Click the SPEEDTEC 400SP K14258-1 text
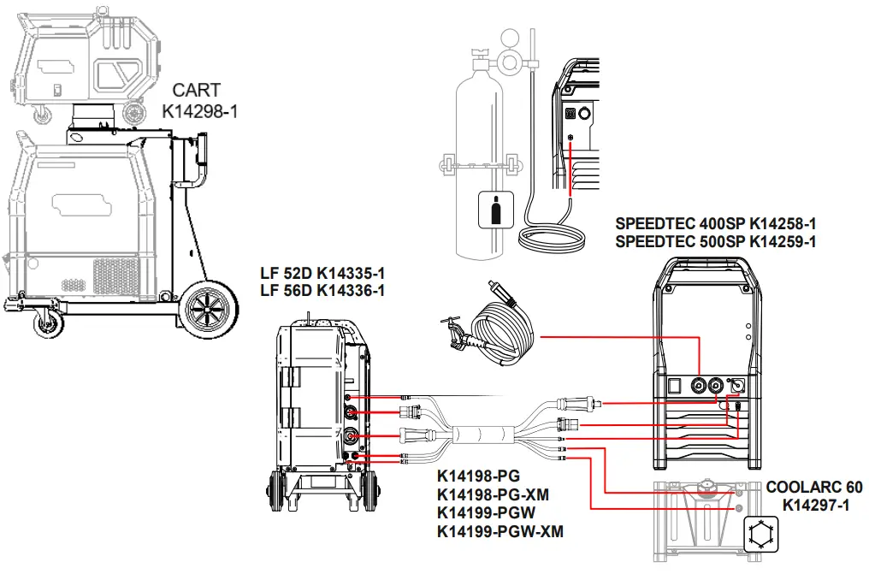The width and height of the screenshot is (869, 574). point(715,225)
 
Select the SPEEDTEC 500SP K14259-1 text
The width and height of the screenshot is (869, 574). point(715,242)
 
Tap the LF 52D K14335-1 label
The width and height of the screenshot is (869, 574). point(322,274)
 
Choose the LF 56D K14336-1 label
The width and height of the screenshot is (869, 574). point(322,291)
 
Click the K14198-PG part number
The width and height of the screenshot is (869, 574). point(478,476)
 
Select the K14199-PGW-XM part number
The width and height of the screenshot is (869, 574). point(500,532)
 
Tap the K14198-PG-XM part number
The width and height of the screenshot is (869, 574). point(493,495)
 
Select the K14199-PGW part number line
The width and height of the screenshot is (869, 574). point(486,513)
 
